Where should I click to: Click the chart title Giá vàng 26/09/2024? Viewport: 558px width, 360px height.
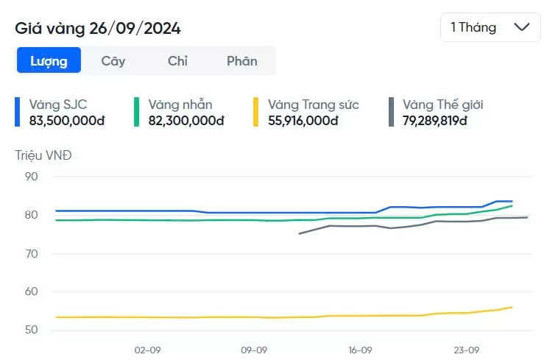[x=98, y=28]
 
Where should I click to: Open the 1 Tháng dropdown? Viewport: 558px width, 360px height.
[x=490, y=27]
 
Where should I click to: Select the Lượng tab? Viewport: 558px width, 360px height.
[x=49, y=61]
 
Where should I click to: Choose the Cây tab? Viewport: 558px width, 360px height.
[x=113, y=61]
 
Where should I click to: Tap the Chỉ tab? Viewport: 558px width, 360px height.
[x=177, y=61]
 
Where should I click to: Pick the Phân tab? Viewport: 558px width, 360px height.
[x=241, y=61]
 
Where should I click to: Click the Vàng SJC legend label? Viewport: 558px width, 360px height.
[x=58, y=105]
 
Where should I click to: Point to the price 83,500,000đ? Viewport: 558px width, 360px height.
[x=67, y=120]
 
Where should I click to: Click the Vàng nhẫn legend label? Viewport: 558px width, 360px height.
[x=180, y=105]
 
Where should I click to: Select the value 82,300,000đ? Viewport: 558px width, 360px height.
[x=186, y=120]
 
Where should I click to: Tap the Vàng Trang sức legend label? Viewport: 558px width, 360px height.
[x=314, y=105]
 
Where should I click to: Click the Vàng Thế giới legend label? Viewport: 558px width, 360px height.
[x=443, y=105]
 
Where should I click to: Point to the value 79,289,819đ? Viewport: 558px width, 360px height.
[x=435, y=120]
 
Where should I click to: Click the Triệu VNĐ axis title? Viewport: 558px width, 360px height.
[x=43, y=155]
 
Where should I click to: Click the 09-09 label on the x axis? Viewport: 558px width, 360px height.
[x=254, y=350]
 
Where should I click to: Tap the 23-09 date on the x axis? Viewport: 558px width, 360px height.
[x=467, y=350]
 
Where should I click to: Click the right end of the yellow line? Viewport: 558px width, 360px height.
[x=512, y=307]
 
